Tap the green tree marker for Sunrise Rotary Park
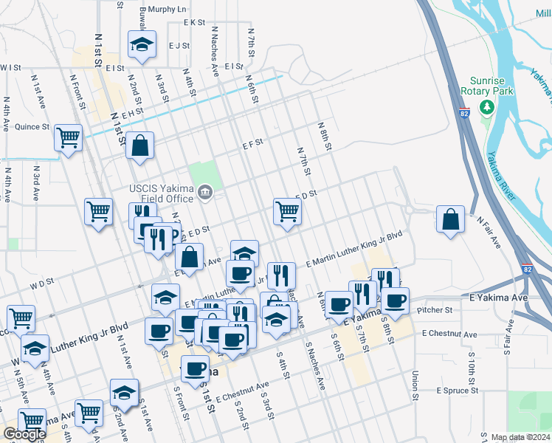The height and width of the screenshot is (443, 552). click(486, 108)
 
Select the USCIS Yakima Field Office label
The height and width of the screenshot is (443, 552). click(160, 189)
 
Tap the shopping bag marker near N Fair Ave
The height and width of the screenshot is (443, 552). click(450, 219)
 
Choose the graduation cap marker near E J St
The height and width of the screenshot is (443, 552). click(140, 44)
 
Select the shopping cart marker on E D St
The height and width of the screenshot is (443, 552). click(287, 211)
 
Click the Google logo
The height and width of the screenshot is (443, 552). click(24, 434)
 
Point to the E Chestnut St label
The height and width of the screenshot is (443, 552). click(451, 334)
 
